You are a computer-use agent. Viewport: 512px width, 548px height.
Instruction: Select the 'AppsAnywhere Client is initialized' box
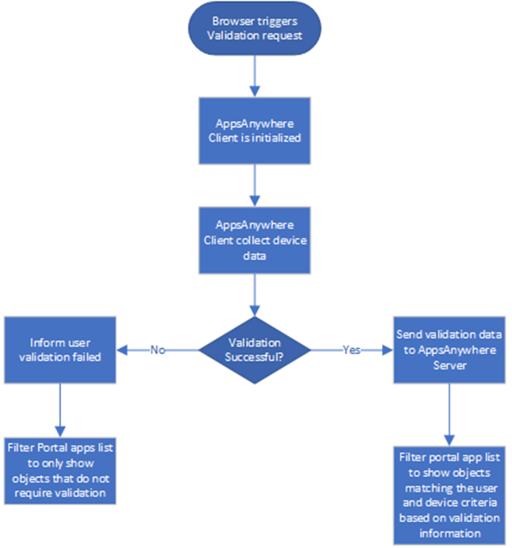254,130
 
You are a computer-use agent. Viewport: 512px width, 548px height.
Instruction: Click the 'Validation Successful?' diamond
255,349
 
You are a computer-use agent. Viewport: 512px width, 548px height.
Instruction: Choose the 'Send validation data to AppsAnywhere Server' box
448,349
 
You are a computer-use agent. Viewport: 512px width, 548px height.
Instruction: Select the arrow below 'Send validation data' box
448,413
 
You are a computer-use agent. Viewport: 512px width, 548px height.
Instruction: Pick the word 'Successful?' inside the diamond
255,356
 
